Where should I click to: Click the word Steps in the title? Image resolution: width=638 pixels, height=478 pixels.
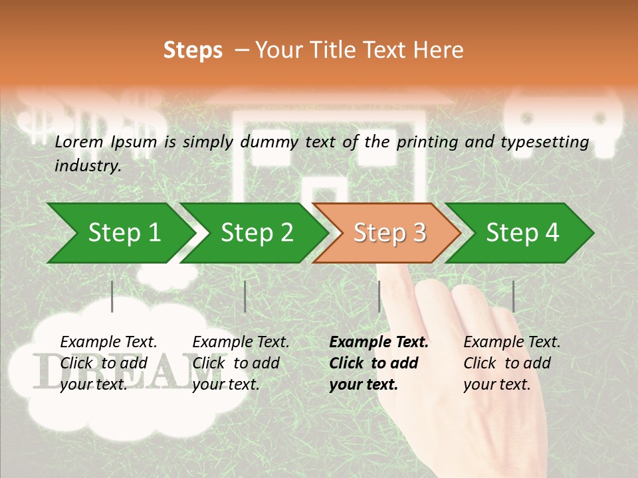(193, 50)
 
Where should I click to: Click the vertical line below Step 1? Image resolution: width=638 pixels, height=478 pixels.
(112, 296)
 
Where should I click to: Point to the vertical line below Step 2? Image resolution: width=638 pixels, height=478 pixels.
(245, 296)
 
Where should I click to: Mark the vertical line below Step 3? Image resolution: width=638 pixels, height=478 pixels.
(379, 296)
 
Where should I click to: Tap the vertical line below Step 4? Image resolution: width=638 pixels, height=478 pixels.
(514, 296)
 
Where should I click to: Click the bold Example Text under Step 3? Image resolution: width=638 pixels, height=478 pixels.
(379, 343)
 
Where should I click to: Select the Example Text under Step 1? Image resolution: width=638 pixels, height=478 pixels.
(108, 343)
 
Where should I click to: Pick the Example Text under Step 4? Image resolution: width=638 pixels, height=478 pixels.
(512, 343)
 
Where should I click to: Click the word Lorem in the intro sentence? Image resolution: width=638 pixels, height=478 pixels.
(78, 141)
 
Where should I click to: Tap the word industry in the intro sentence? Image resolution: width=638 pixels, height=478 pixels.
(88, 166)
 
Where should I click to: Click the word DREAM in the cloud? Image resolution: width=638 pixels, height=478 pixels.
(120, 370)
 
